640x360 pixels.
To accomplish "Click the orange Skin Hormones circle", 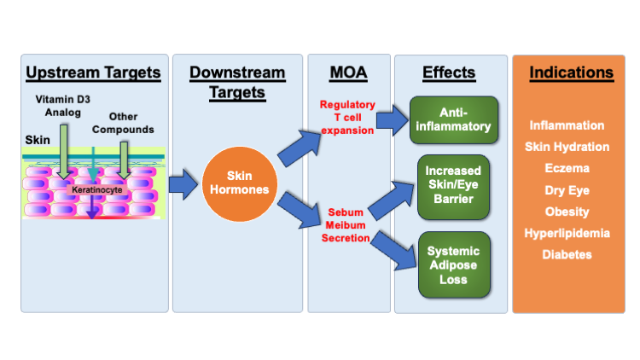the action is (240, 183).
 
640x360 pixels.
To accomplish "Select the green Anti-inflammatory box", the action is (453, 120).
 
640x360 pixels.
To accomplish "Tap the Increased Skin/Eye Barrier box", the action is (453, 187).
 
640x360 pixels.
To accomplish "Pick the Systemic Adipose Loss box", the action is (454, 265).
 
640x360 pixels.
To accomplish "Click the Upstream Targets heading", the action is (94, 73).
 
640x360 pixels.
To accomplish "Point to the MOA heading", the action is (348, 73).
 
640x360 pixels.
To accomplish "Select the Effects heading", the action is (449, 73).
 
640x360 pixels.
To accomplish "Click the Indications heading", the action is (572, 73).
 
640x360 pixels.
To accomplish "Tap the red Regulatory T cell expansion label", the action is (347, 118).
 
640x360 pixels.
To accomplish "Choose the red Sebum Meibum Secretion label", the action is (346, 225).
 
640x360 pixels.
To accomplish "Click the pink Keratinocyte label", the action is (97, 189).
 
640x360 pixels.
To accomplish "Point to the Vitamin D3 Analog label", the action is (63, 106).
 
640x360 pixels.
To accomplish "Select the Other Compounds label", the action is (123, 123).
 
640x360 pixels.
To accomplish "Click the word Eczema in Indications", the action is (567, 168).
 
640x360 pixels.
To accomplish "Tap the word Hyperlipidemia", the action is (567, 233).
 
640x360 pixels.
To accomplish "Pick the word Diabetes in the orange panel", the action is (567, 255).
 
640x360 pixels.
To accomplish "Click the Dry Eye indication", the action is (567, 190).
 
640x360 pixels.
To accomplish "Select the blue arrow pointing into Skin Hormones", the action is (183, 184).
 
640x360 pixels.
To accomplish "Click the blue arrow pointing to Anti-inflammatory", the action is (393, 120).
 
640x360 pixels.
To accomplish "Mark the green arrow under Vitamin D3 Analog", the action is (64, 152).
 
